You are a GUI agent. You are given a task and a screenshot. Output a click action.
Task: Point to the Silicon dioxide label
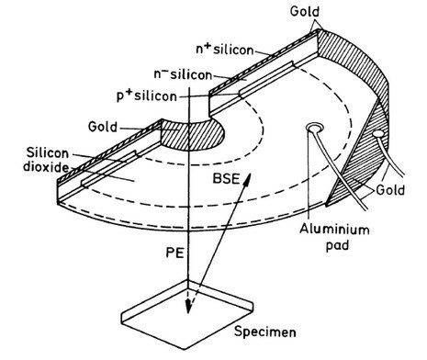39,165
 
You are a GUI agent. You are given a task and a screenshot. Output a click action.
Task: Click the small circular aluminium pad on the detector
315,126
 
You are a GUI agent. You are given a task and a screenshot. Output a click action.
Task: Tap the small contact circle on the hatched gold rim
377,134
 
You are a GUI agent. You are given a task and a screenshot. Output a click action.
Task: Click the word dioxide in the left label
39,174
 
